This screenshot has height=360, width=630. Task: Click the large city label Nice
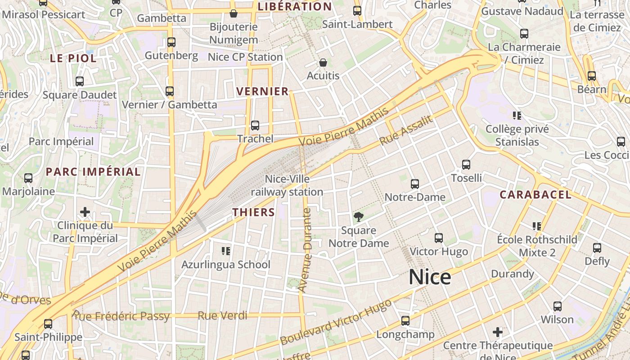pos(430,277)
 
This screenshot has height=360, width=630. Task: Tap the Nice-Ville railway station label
pos(287,185)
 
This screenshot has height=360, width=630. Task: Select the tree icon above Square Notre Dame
pos(359,217)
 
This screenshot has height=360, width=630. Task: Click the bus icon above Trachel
pos(255,126)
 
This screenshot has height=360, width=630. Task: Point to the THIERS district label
pos(253,212)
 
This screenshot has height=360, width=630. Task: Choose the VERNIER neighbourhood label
pos(262,91)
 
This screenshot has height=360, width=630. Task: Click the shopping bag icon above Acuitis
pos(323,63)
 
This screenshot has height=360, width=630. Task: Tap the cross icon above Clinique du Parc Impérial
pos(85,211)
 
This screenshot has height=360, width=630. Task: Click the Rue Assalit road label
pos(406,130)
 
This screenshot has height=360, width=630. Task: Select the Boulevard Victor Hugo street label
pos(336,322)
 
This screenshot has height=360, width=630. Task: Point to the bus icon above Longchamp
pos(405,321)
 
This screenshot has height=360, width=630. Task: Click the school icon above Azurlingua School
pos(226,251)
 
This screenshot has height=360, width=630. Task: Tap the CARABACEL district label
pos(535,195)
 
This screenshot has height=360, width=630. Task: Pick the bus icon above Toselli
pos(466,165)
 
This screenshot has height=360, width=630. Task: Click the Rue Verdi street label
pos(220,315)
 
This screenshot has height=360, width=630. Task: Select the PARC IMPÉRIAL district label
pos(93,171)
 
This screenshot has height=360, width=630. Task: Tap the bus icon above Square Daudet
pos(80,81)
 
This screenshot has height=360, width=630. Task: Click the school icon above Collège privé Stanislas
pos(517,116)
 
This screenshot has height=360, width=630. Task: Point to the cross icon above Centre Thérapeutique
pos(497,332)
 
